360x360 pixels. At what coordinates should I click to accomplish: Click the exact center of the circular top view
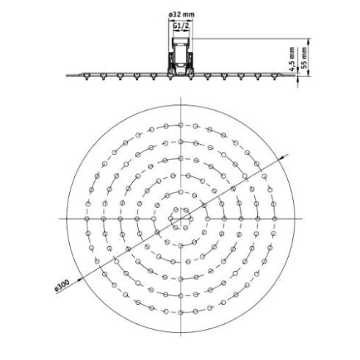[180, 218]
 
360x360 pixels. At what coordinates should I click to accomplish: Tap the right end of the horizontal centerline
[301, 218]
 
